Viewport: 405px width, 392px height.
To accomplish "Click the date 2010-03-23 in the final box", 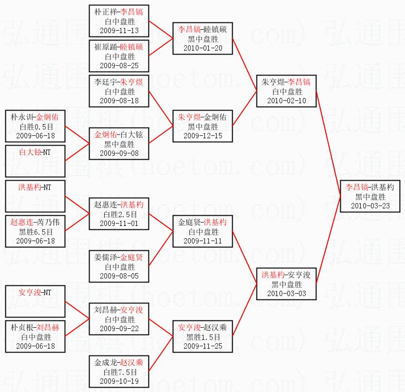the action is [370, 206].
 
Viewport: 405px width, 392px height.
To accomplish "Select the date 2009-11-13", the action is [119, 30].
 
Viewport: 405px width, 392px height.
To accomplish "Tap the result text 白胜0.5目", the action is [35, 126].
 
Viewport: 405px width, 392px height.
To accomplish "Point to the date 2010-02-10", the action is [287, 100].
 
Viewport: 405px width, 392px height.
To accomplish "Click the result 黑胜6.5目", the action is [35, 231].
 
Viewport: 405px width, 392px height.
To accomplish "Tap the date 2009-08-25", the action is [119, 65].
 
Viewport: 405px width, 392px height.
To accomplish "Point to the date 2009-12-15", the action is [202, 135].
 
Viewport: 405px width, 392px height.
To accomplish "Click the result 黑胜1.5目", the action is [202, 337].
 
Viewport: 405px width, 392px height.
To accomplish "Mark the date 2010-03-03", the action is [287, 294].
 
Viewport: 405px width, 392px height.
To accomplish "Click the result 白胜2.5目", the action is [119, 214].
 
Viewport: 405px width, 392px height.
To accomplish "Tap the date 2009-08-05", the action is [119, 276].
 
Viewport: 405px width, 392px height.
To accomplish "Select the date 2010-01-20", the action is [202, 48].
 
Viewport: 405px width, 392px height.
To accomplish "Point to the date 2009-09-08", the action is [119, 153].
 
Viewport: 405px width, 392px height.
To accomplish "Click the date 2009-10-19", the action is [119, 381].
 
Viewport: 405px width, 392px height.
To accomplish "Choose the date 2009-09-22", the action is [119, 328].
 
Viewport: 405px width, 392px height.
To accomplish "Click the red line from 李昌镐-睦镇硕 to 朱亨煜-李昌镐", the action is [245, 65].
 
